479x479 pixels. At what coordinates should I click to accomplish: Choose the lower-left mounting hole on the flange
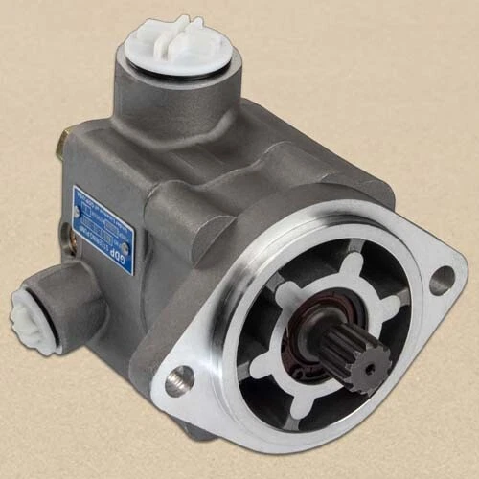(179, 380)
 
